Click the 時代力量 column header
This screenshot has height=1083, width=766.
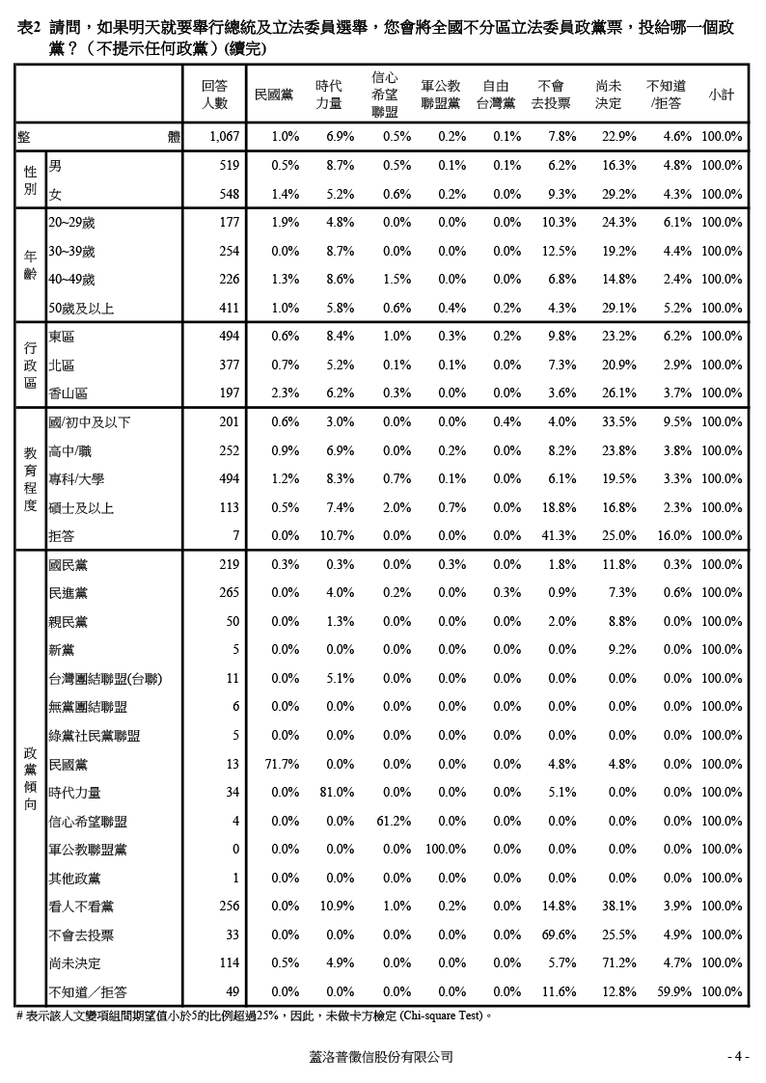tap(328, 95)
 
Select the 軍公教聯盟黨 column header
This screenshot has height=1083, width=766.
tap(440, 95)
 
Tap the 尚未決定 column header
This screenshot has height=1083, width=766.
tap(609, 95)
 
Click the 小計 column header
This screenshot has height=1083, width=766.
tap(720, 95)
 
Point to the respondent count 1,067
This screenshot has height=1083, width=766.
tap(224, 137)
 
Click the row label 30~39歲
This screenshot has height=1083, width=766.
tap(72, 252)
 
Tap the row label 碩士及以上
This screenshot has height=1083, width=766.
tap(81, 507)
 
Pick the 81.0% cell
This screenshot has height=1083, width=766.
tap(337, 793)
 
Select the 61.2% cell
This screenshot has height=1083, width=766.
tap(394, 822)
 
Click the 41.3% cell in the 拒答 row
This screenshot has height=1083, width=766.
tap(559, 535)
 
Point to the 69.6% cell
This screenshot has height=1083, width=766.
tap(559, 935)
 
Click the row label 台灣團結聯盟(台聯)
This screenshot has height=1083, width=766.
tap(105, 679)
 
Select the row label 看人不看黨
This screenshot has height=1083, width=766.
tap(81, 907)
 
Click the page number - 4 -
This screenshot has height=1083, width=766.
tap(738, 1057)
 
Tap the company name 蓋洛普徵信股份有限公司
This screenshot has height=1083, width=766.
tap(381, 1057)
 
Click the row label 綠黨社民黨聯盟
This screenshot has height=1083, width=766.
tap(95, 736)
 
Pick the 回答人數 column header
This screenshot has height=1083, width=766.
tap(214, 95)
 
